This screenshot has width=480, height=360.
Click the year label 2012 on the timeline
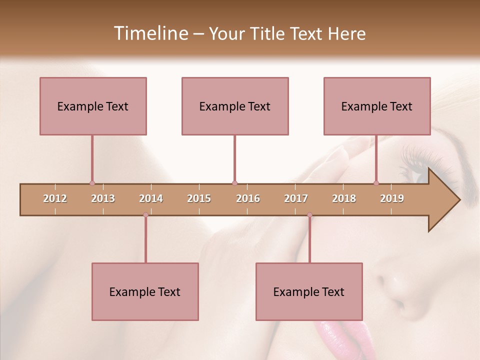pyautogui.click(x=55, y=198)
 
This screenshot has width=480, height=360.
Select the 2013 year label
pyautogui.click(x=103, y=198)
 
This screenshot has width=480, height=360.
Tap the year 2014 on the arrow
pyautogui.click(x=151, y=198)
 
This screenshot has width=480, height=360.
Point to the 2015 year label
pyautogui.click(x=199, y=198)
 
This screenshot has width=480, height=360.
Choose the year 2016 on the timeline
pyautogui.click(x=248, y=198)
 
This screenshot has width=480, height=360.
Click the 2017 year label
pyautogui.click(x=296, y=198)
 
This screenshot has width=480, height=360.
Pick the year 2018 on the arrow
pyautogui.click(x=344, y=198)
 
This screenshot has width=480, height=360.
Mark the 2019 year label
pyautogui.click(x=392, y=198)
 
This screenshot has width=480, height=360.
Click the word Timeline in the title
pyautogui.click(x=150, y=33)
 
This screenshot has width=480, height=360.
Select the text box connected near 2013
pyautogui.click(x=93, y=106)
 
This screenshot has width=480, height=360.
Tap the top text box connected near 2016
pyautogui.click(x=235, y=106)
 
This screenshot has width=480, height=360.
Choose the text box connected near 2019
pyautogui.click(x=377, y=106)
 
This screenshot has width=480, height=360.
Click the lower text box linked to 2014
pyautogui.click(x=145, y=291)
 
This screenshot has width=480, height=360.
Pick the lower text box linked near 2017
pyautogui.click(x=309, y=291)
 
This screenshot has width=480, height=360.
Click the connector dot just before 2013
pyautogui.click(x=92, y=183)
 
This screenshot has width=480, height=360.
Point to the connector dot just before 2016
pyautogui.click(x=234, y=183)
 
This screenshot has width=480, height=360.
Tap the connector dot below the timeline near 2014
pyautogui.click(x=145, y=215)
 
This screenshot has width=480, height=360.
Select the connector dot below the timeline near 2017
pyautogui.click(x=309, y=215)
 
